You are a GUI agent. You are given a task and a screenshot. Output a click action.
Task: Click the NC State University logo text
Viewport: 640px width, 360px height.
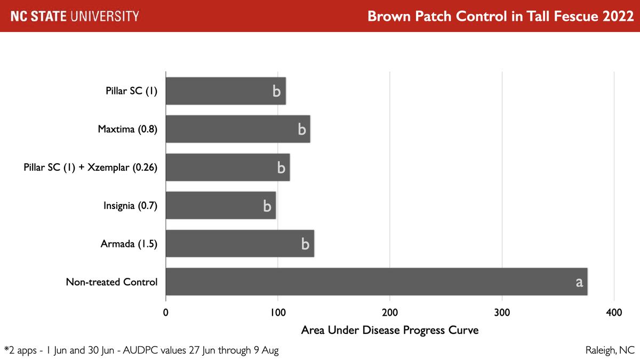75,16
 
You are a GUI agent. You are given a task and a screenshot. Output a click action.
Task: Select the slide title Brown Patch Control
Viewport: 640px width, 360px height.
500,16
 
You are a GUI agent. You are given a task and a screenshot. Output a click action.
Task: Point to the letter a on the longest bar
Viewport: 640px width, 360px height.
579,282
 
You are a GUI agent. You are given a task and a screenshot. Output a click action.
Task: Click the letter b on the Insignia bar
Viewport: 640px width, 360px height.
267,206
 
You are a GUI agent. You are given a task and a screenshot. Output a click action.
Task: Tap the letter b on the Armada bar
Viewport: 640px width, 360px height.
305,244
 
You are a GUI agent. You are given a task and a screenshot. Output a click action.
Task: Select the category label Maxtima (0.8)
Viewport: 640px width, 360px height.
127,129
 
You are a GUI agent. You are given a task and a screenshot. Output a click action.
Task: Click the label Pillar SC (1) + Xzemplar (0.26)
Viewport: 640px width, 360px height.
91,167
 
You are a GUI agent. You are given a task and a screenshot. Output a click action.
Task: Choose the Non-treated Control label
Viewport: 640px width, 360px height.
111,282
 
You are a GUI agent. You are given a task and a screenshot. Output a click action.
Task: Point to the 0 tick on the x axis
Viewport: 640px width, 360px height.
166,312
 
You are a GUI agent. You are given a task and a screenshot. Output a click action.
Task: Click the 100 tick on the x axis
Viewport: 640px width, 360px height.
277,312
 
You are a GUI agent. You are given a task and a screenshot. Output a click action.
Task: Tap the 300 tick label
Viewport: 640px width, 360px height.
502,312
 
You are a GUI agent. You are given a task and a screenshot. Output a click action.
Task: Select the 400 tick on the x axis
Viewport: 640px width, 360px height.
614,312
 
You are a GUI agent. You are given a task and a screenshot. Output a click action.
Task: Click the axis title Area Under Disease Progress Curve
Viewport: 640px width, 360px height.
390,330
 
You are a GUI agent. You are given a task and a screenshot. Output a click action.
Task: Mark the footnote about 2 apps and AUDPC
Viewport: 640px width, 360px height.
141,350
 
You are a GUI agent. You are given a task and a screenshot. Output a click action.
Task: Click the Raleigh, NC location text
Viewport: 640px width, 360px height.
610,350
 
